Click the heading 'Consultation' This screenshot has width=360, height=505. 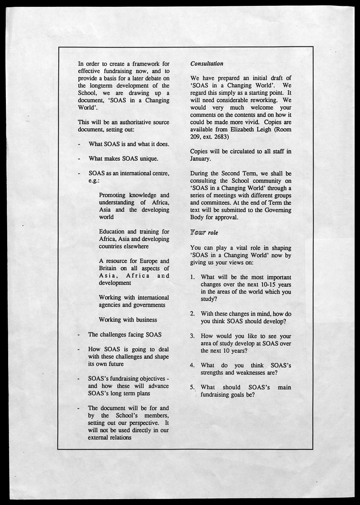(x=207, y=63)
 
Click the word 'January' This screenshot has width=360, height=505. (x=201, y=158)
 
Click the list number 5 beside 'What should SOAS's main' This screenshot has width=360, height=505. (x=192, y=387)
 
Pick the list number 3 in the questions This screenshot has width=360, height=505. (x=192, y=336)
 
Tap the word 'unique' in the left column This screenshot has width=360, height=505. (x=147, y=158)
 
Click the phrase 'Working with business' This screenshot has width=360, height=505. (x=128, y=320)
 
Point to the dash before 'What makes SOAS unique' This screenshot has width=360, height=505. (x=80, y=158)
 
